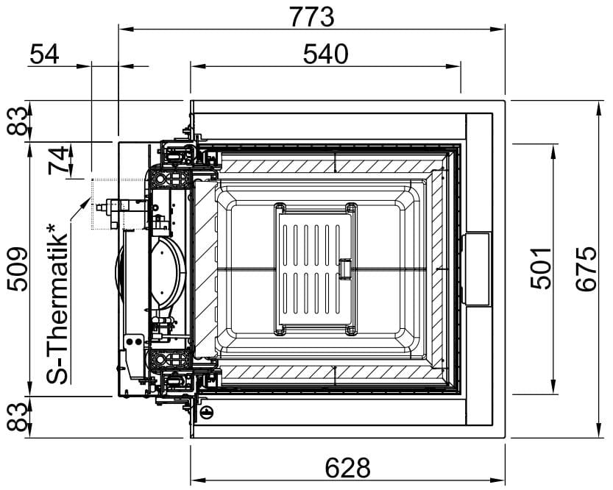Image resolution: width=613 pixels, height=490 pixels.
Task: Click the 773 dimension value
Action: [x=311, y=17]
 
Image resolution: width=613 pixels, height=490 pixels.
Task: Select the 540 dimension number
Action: [x=325, y=54]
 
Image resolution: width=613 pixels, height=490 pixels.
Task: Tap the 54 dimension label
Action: [x=44, y=54]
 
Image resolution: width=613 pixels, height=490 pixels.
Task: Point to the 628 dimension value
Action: [x=347, y=467]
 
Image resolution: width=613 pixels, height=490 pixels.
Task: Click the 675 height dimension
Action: [x=586, y=269]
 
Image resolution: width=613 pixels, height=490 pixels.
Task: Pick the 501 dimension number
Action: [x=541, y=268]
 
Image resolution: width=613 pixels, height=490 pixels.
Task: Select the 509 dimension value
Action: [x=18, y=269]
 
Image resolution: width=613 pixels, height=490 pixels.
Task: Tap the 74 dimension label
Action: [x=58, y=160]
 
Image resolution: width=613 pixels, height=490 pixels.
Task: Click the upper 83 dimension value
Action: [x=18, y=121]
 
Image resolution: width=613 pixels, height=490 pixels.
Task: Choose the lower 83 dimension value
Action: [x=18, y=417]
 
